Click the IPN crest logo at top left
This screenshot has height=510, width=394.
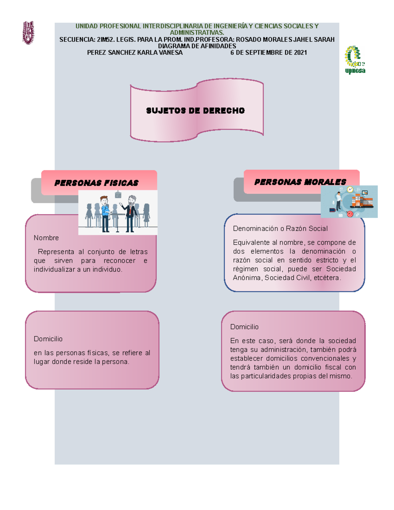[28, 33]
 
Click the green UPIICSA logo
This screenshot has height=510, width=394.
[355, 60]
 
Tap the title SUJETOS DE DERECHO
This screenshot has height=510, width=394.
[195, 111]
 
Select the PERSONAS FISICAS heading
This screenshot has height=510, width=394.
[96, 183]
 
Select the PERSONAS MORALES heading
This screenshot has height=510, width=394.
[300, 182]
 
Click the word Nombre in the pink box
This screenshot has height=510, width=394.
[46, 238]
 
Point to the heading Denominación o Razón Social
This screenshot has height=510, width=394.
[280, 228]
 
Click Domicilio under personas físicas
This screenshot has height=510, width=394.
[48, 339]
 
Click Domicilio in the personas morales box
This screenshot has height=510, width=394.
[244, 327]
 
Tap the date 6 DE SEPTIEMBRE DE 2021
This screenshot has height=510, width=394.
[269, 53]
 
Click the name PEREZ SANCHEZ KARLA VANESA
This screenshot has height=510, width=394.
[135, 53]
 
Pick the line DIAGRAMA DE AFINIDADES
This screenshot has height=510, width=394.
[197, 46]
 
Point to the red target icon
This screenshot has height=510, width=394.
[350, 214]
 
